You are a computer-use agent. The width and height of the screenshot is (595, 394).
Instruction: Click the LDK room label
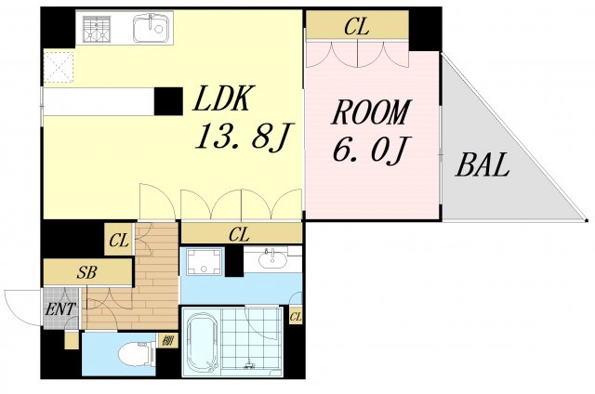pyautogui.click(x=222, y=98)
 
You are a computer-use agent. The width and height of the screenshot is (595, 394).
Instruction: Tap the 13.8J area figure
pyautogui.click(x=244, y=137)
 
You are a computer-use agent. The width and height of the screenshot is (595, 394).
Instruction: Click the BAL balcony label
pyautogui.click(x=482, y=164)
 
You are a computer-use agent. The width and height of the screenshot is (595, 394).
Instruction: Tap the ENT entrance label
pyautogui.click(x=60, y=309)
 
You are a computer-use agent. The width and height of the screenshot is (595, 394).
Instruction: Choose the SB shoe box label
pyautogui.click(x=86, y=272)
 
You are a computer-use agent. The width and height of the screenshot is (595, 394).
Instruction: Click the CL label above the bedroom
pyautogui.click(x=357, y=27)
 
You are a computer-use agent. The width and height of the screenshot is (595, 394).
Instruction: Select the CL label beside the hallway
pyautogui.click(x=119, y=241)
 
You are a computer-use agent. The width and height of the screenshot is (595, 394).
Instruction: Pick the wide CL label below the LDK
pyautogui.click(x=239, y=235)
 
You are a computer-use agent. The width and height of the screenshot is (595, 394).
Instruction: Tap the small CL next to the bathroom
pyautogui.click(x=296, y=317)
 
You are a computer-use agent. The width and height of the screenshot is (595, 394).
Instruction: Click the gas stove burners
pyautogui.click(x=97, y=29)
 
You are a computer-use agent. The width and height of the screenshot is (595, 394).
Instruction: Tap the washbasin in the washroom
pyautogui.click(x=272, y=259)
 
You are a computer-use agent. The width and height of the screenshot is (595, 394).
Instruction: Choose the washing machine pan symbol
pyautogui.click(x=205, y=260)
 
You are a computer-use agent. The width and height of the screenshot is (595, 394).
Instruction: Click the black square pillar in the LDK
pyautogui.click(x=168, y=101)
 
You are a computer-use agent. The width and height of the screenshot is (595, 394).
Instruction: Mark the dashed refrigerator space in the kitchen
pyautogui.click(x=58, y=67)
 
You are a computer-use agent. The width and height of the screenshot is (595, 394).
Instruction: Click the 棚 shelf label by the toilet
pyautogui.click(x=166, y=340)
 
